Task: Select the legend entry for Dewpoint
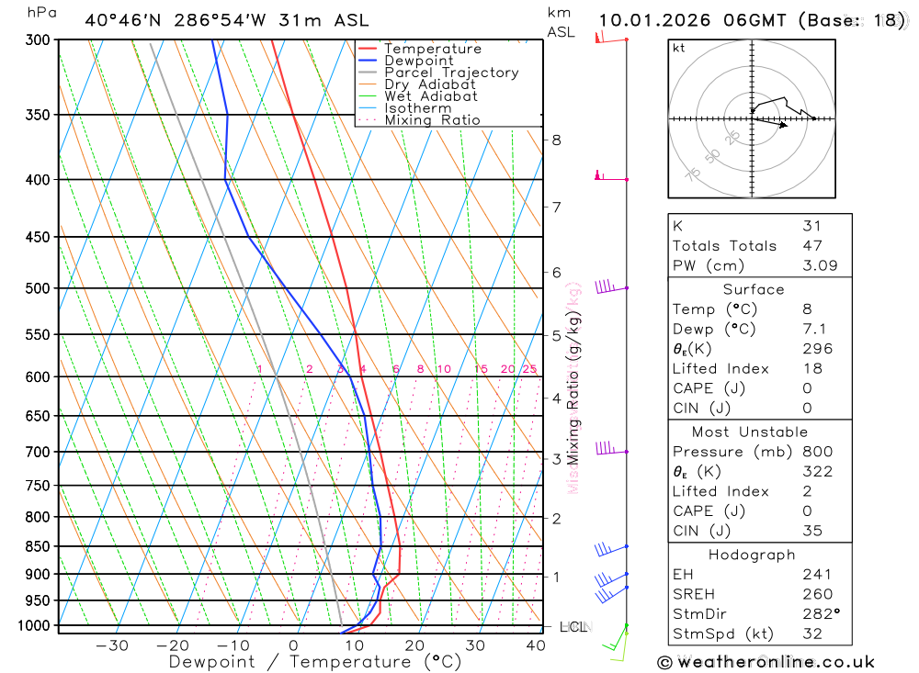418,61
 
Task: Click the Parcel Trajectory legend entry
451,73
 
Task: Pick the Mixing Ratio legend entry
432,120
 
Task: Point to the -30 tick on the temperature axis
112,645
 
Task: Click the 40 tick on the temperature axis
536,645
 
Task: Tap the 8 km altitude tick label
556,140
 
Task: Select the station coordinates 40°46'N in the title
121,20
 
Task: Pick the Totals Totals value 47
811,246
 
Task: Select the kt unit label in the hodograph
679,48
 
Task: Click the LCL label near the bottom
573,627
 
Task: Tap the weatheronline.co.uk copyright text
766,662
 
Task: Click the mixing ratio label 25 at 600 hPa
529,369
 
